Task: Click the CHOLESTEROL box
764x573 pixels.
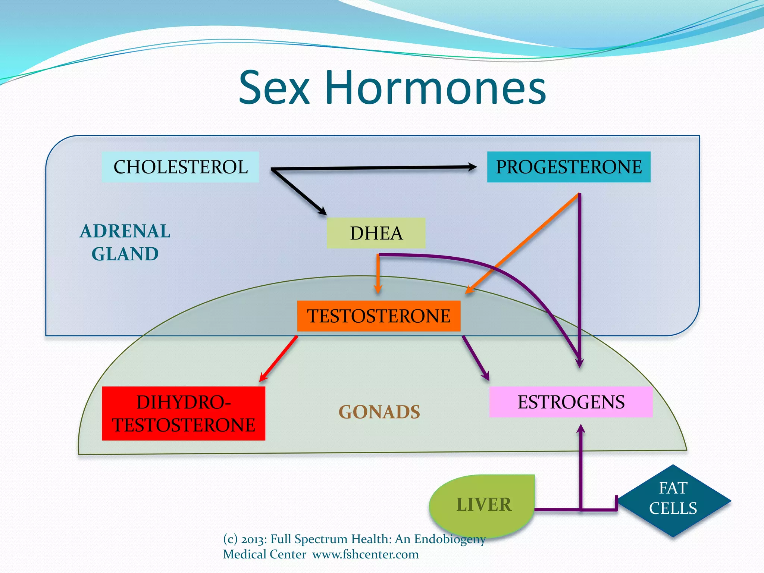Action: click(180, 167)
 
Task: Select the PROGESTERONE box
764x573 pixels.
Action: click(569, 167)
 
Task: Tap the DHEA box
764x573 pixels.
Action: click(376, 233)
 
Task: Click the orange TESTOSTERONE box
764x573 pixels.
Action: click(379, 316)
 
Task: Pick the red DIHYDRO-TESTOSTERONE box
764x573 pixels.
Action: click(183, 413)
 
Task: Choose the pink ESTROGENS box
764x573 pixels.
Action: click(571, 402)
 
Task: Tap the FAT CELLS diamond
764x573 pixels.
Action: click(673, 500)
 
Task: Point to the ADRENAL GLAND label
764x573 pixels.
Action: click(125, 242)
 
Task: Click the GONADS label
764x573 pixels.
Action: click(379, 412)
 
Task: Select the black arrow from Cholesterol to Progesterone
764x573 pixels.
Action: click(373, 168)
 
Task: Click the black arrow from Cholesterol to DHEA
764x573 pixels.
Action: click(298, 192)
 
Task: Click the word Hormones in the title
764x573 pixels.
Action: click(435, 88)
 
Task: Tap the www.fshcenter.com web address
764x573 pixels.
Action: click(366, 554)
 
